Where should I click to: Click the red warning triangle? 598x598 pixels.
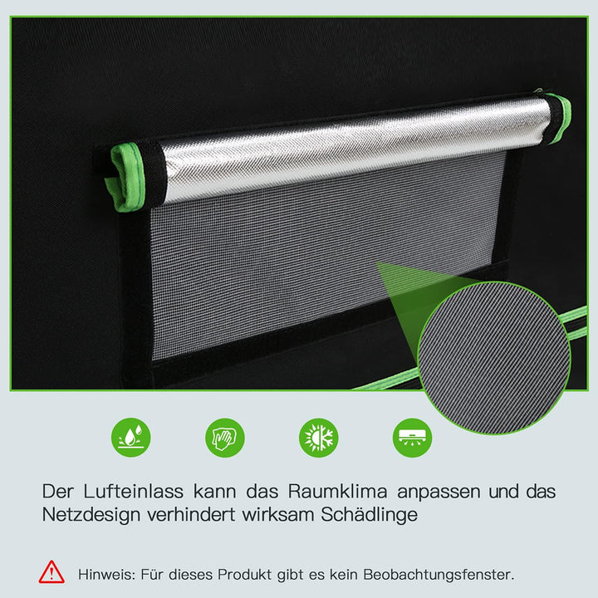[51, 571]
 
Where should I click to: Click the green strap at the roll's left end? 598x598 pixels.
[129, 177]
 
